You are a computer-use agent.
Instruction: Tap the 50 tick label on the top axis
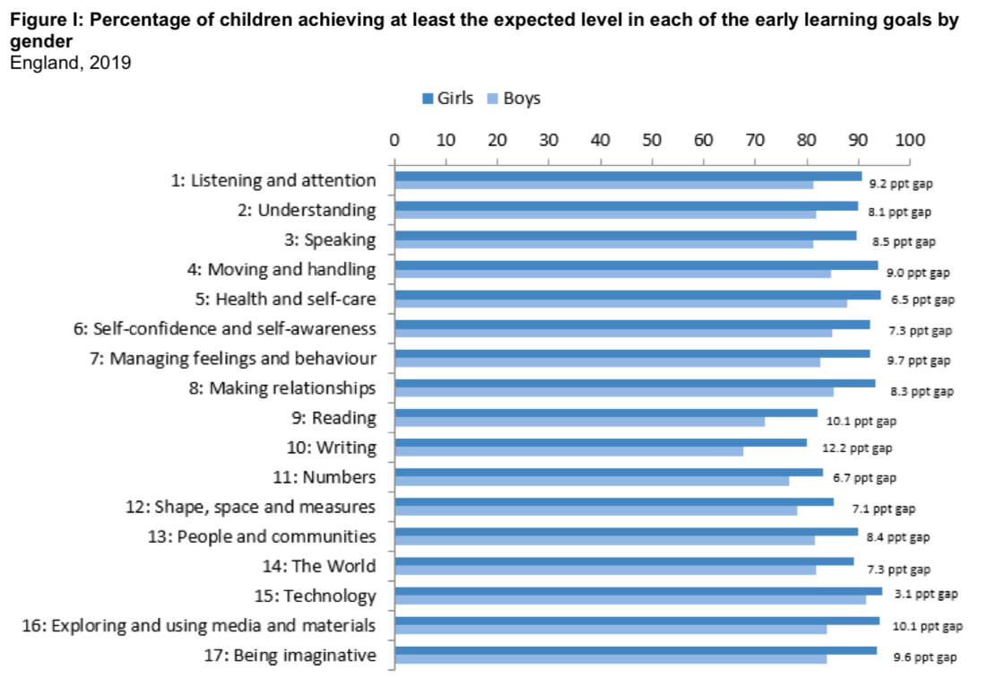tap(653, 141)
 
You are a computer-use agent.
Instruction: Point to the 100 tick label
tap(909, 141)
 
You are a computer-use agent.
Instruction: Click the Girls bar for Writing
tap(601, 442)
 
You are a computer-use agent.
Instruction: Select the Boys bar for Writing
tap(569, 451)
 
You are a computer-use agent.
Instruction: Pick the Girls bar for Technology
tap(638, 591)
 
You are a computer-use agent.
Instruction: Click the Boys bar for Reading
tap(580, 422)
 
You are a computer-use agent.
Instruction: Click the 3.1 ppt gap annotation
tap(925, 594)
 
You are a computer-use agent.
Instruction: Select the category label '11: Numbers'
tap(325, 477)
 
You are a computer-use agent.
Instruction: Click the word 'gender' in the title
tap(41, 42)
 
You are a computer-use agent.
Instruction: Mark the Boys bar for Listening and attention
tap(603, 185)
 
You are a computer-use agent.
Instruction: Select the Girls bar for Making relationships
tap(635, 383)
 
